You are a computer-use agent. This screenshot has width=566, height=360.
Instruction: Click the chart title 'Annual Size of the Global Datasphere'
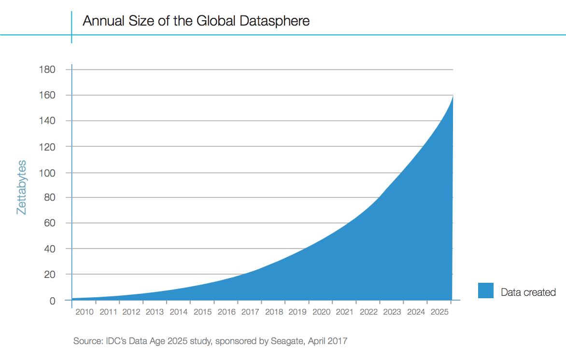(x=196, y=21)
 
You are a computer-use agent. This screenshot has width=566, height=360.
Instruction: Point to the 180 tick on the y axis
(x=47, y=69)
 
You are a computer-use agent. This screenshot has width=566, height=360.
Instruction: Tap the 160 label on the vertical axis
(x=47, y=95)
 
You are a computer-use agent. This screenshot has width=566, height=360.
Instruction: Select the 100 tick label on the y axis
(x=47, y=172)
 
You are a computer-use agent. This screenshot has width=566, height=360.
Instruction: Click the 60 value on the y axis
(x=50, y=223)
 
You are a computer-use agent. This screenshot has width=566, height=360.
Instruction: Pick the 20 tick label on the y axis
(x=50, y=275)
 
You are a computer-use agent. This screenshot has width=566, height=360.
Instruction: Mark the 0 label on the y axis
(x=53, y=301)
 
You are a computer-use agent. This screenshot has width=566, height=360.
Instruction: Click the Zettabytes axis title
(x=22, y=187)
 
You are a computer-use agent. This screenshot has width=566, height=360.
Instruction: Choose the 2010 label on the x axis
(x=85, y=312)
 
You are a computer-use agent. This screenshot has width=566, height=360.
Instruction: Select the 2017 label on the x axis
(x=250, y=312)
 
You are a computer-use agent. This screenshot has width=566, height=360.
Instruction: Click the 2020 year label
(x=321, y=312)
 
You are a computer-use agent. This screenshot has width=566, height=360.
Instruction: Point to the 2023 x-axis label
(x=392, y=312)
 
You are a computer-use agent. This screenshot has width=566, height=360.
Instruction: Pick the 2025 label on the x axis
(x=439, y=312)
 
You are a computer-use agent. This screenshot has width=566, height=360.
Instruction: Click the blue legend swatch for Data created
(x=485, y=291)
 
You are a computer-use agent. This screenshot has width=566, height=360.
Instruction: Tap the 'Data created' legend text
(x=528, y=292)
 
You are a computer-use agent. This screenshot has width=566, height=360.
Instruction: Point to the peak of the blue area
(x=452, y=97)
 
